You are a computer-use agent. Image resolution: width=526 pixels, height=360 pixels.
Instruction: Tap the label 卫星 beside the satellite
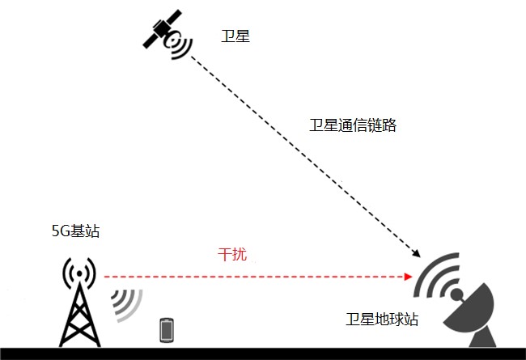coord(235,36)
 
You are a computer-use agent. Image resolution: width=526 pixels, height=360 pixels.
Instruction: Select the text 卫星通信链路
coord(353,125)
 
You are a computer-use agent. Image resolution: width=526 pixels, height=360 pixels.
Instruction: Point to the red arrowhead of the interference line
coord(408,277)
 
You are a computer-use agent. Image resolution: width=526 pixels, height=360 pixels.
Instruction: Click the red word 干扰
coord(232,254)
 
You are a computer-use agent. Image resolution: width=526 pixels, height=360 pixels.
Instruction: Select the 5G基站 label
coord(76,231)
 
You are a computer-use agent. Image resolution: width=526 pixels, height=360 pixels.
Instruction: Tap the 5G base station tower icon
coord(79,302)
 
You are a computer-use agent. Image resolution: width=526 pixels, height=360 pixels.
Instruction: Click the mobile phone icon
coord(167,330)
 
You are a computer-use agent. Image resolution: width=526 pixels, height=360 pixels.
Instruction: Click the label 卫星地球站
coord(382,319)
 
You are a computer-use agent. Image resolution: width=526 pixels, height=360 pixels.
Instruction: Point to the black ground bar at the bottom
coord(263,354)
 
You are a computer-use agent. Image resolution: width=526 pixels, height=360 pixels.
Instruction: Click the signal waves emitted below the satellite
coord(180,45)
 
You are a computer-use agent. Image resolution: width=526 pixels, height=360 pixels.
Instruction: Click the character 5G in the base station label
coord(60,231)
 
